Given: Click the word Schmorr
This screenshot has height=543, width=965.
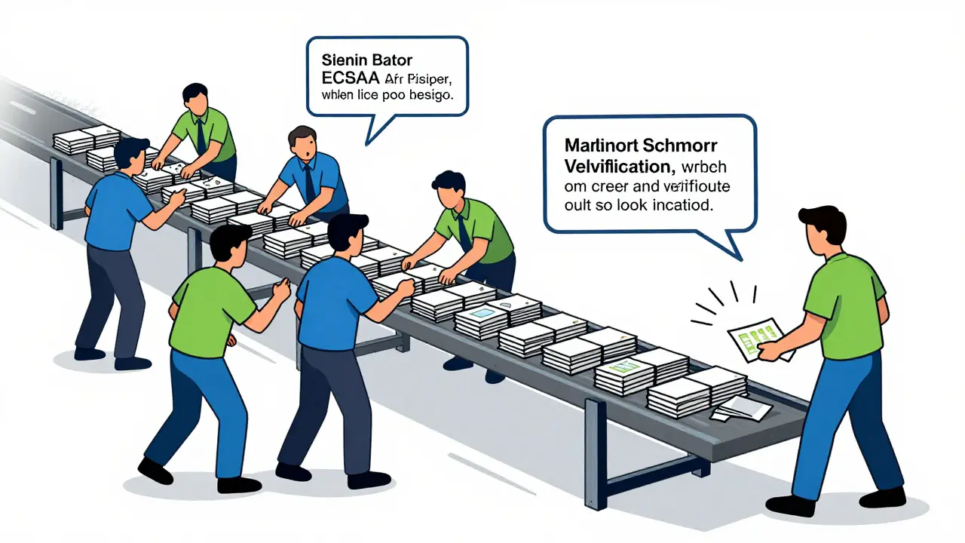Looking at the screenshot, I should pyautogui.click(x=684, y=146).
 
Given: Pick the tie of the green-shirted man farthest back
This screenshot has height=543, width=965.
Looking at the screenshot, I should pyautogui.click(x=201, y=136).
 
